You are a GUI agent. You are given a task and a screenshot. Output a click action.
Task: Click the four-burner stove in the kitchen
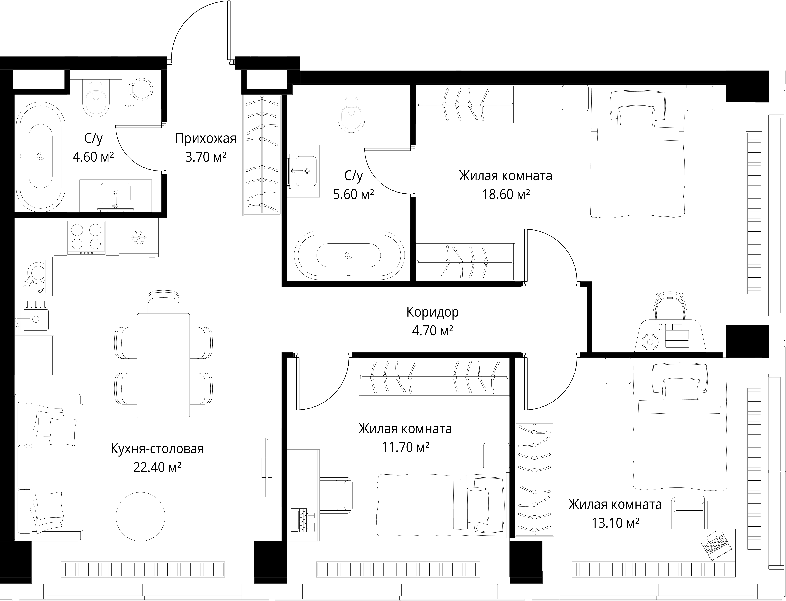coord(86,238)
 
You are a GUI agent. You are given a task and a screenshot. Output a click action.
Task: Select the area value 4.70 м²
coord(433,330)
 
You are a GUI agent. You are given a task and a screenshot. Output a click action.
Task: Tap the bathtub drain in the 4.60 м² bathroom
coord(40,156)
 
